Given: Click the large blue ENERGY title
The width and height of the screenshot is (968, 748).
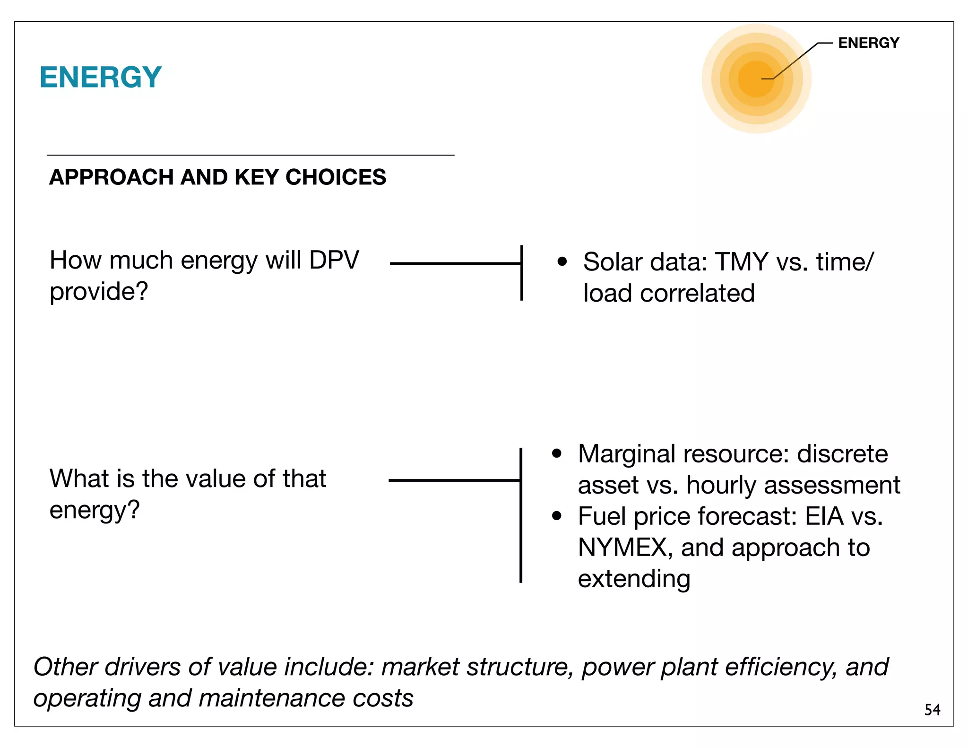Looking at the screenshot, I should tap(101, 77).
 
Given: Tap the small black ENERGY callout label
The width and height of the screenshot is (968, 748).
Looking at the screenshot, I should tap(868, 43).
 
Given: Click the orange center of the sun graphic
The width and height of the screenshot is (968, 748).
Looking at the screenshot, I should tap(756, 79).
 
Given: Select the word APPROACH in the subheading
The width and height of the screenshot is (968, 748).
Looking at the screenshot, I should tap(112, 177).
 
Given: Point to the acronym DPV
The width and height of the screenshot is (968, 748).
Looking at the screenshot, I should tap(334, 260).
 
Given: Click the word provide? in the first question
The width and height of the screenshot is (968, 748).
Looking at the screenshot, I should tap(99, 292).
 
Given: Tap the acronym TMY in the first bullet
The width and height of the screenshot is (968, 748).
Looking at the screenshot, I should tap(742, 262).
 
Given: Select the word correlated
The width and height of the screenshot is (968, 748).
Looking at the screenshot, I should tap(697, 293).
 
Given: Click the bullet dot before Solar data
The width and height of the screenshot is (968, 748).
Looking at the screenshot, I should tap(562, 261).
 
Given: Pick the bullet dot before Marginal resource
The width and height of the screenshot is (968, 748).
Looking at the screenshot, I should tap(557, 453).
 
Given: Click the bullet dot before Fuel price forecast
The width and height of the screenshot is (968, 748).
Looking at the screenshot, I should tap(557, 516).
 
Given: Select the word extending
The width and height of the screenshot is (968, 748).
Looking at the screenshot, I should tap(634, 579).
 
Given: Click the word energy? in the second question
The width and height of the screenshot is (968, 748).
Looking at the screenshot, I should tap(95, 510).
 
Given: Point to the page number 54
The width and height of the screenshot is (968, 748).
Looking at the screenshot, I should tap(932, 709).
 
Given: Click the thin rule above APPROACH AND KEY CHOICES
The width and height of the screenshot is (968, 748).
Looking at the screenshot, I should tap(251, 155).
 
